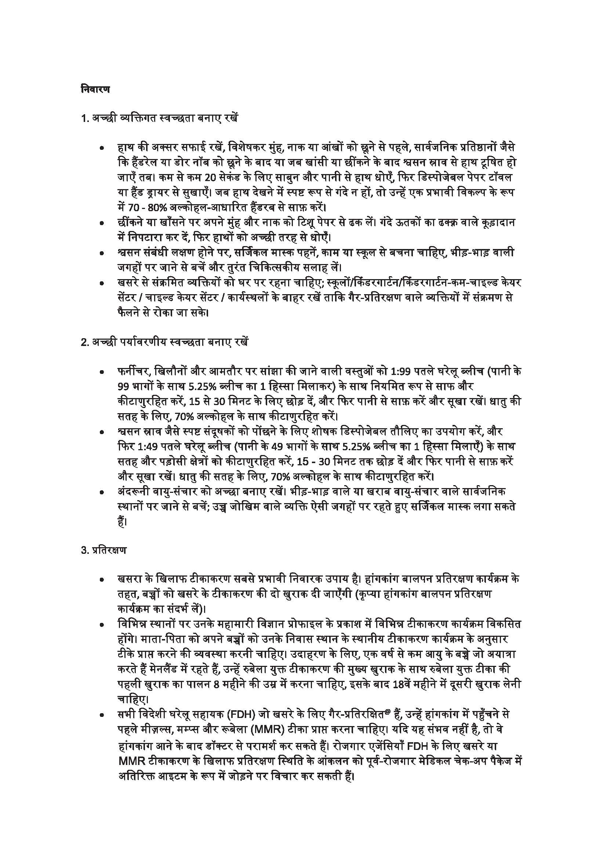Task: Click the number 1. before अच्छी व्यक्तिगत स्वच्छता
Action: tap(85, 118)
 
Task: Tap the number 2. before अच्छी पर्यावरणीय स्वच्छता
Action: tap(85, 342)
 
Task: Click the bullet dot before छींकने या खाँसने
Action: tap(102, 223)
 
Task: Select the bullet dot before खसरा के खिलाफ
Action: tap(102, 580)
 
